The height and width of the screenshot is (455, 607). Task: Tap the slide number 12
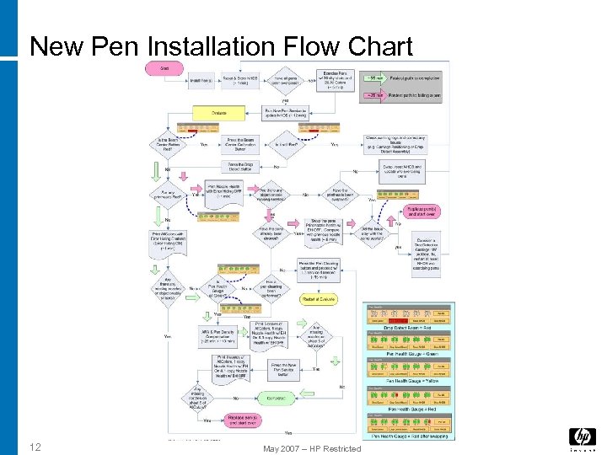[x=35, y=446]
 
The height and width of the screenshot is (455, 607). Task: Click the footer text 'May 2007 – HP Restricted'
[x=312, y=448]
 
